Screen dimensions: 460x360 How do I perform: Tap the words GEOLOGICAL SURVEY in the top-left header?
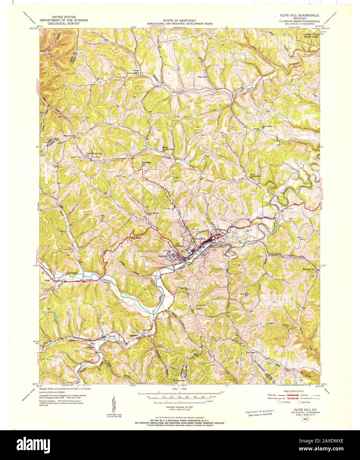point(64,24)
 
